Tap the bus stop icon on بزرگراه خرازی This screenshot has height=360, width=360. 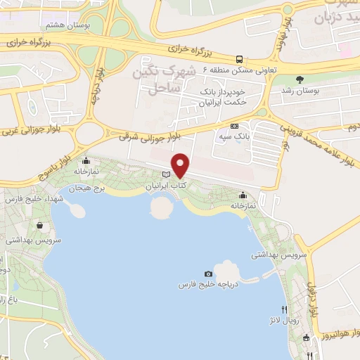[x=240, y=59]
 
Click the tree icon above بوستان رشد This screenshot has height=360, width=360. [x=301, y=79]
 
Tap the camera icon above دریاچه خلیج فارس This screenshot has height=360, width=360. [x=208, y=274]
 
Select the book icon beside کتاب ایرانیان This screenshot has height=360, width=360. [x=166, y=175]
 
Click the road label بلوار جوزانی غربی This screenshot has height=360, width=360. [x=32, y=130]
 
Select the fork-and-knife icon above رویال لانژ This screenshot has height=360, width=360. [x=284, y=309]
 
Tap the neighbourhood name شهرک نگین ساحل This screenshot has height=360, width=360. [x=166, y=79]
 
